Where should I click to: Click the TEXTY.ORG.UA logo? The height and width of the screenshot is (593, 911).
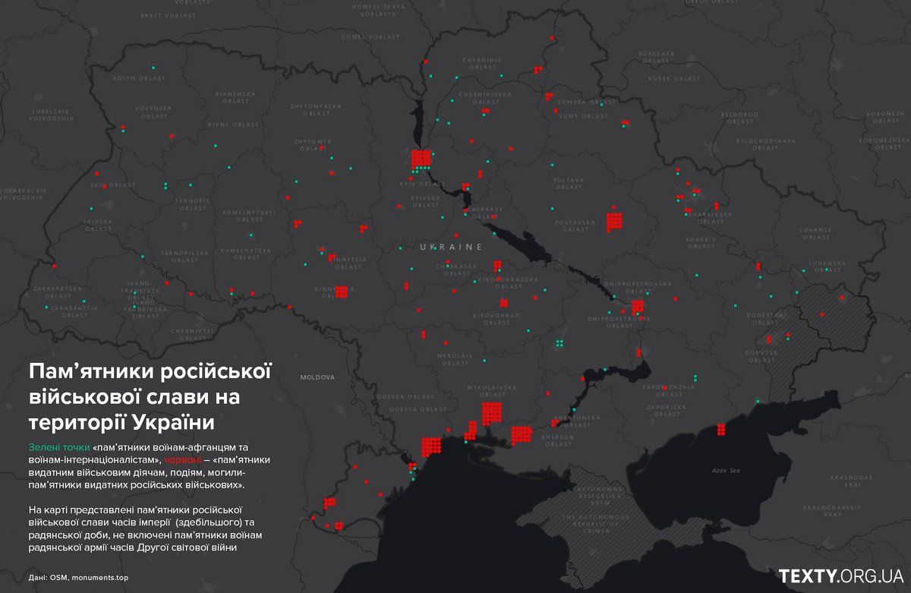[x=840, y=576]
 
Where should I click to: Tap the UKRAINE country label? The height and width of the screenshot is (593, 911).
[x=451, y=248]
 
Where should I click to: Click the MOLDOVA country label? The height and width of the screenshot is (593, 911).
[x=317, y=377]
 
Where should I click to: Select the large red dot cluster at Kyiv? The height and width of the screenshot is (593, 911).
[x=421, y=159]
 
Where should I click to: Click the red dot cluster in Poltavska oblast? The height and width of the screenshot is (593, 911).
[x=614, y=220]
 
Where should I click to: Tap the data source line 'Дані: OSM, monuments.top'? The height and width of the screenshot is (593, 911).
[x=76, y=578]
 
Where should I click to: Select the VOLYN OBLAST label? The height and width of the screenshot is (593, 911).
[x=140, y=78]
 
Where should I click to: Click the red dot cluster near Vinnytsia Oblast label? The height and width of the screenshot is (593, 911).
[x=342, y=292]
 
